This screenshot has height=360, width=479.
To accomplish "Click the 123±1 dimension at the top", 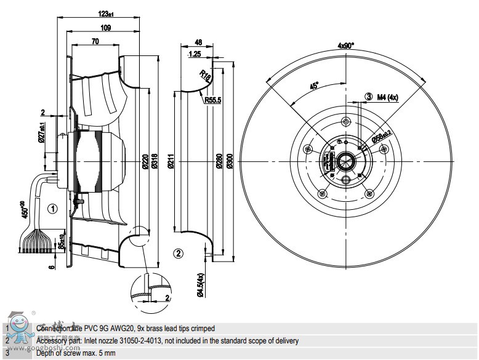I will point(106,14).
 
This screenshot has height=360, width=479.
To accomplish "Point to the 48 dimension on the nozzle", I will point(198,43).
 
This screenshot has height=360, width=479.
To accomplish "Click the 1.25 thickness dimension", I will point(196,54).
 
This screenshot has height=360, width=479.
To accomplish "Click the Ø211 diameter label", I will point(171,162).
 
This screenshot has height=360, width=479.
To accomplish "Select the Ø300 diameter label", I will point(230,162).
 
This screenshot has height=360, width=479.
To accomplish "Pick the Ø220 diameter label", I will point(145,162).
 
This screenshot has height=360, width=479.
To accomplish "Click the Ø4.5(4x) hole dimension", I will point(201,286).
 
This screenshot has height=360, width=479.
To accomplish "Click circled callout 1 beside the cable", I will point(53,209).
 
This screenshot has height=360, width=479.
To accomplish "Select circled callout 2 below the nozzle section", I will point(178,253).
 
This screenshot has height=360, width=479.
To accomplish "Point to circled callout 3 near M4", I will point(369,97).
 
